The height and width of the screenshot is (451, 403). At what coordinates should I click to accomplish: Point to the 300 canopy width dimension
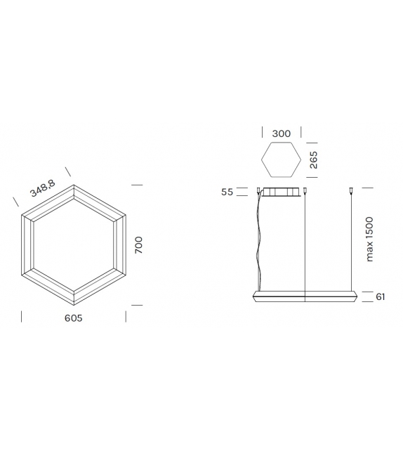(x=281, y=133)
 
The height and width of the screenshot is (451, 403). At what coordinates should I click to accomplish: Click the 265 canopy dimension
(x=313, y=161)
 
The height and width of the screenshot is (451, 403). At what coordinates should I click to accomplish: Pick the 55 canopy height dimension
(x=226, y=191)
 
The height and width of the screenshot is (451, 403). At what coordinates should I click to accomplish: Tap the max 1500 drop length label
(x=369, y=240)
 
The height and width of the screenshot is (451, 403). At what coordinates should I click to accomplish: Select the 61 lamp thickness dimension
(x=380, y=296)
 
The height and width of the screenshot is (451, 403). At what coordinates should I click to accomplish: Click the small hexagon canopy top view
(x=281, y=161)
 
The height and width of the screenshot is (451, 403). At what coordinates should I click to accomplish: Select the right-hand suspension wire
(x=350, y=242)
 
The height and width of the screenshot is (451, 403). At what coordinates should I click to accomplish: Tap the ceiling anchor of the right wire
(x=350, y=190)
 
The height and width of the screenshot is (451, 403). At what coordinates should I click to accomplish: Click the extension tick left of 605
(x=22, y=317)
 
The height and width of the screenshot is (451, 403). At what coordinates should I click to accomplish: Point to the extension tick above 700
(x=137, y=185)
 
